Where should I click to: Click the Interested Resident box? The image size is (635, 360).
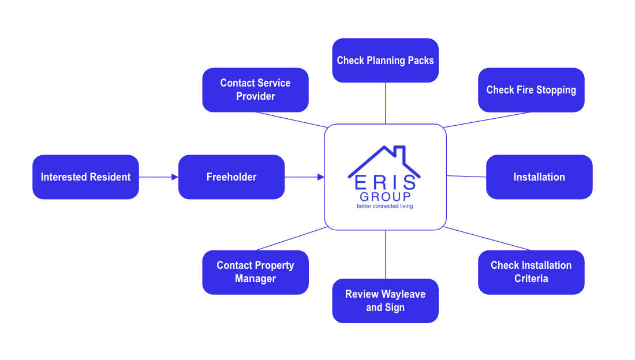click(85, 177)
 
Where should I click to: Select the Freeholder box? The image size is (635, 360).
click(231, 177)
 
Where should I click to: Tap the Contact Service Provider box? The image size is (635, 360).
click(255, 90)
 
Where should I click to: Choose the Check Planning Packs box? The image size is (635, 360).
click(385, 60)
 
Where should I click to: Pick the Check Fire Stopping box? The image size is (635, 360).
click(531, 90)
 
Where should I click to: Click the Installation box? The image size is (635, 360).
click(539, 177)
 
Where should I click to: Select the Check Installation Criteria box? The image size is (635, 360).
click(531, 272)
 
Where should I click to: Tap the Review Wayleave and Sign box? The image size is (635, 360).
click(385, 301)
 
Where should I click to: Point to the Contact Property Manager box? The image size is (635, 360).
click(255, 272)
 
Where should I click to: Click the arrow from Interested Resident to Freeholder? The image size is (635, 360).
click(158, 177)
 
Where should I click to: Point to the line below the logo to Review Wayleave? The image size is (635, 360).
click(385, 254)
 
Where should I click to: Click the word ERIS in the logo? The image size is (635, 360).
click(385, 183)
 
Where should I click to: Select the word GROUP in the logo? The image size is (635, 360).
click(385, 197)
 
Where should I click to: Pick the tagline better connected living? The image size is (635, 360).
click(385, 206)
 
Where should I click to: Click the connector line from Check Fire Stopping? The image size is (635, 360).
click(488, 120)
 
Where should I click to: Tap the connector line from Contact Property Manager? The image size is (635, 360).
click(292, 238)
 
